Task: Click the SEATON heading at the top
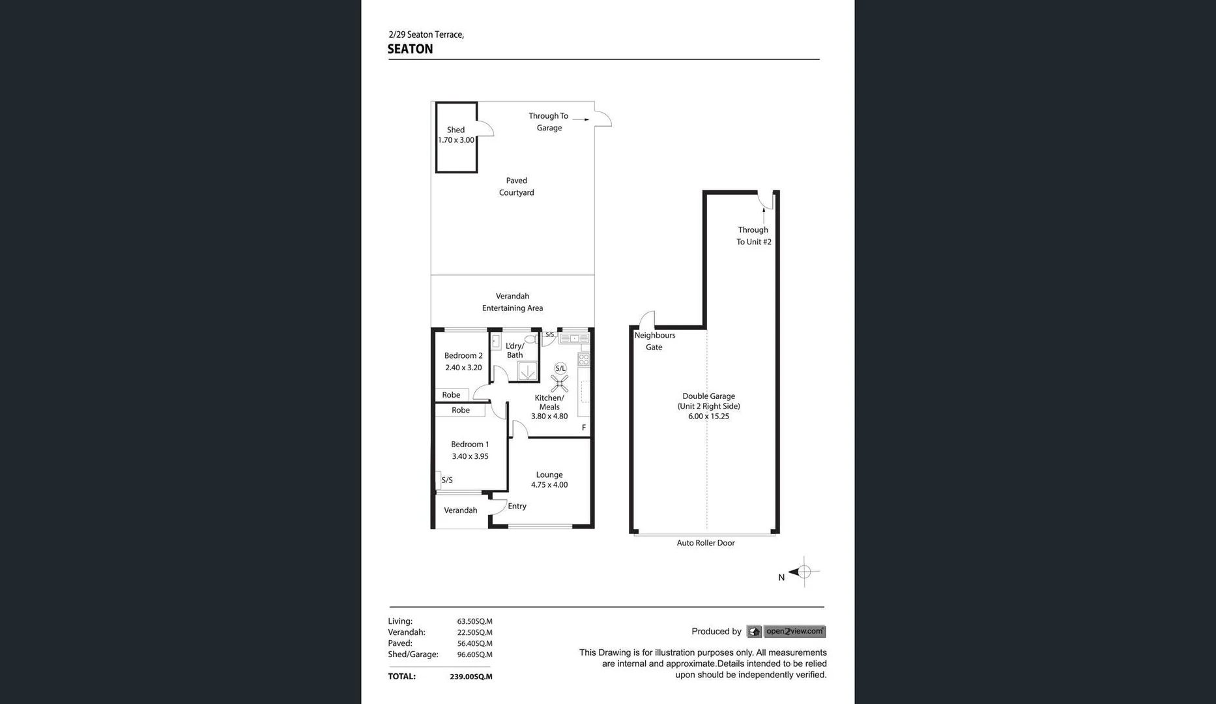[x=410, y=50]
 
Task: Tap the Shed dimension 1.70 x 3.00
[x=456, y=140]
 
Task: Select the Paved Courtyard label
[x=516, y=186]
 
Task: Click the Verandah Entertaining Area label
[x=512, y=302]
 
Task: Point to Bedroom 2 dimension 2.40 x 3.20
[x=463, y=368]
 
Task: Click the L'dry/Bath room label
[x=514, y=351]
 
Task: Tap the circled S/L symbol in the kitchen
[x=560, y=369]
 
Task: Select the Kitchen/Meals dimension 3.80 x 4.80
[x=549, y=417]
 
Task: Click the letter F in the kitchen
[x=584, y=428]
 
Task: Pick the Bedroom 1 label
[x=470, y=445]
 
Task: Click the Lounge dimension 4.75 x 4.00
[x=549, y=485]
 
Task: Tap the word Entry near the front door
[x=517, y=506]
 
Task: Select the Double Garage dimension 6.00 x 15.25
[x=708, y=417]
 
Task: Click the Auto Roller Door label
[x=705, y=543]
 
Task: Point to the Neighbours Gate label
[x=654, y=341]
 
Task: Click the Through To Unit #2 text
[x=753, y=236]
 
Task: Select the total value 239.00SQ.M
[x=470, y=677]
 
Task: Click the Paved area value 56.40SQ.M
[x=474, y=643]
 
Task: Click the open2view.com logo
[x=794, y=631]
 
